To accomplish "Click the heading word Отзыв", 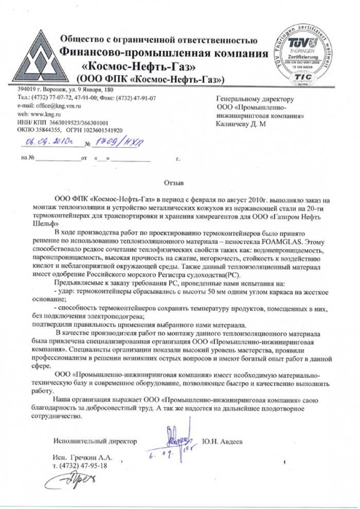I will pyautogui.click(x=173, y=182).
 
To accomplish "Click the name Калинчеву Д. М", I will pyautogui.click(x=241, y=124).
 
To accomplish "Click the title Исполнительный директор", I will pyautogui.click(x=95, y=441).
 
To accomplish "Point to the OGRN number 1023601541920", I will pyautogui.click(x=99, y=131).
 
